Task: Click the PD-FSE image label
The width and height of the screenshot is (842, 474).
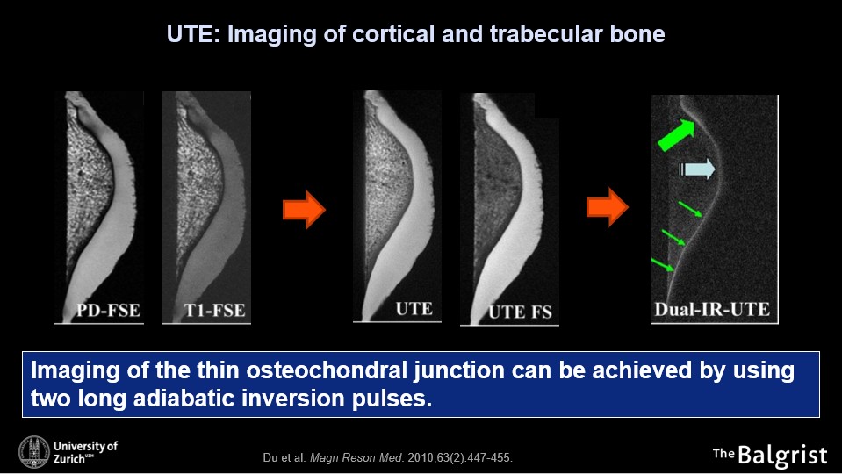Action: (108, 310)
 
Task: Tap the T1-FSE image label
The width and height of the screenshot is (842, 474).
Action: (215, 310)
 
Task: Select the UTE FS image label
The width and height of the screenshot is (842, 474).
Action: (520, 312)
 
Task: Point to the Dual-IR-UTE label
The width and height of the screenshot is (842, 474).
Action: (712, 309)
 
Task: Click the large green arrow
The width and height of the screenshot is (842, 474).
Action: (676, 135)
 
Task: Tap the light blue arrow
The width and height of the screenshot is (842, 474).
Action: (697, 169)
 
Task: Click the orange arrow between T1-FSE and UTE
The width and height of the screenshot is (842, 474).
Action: (304, 210)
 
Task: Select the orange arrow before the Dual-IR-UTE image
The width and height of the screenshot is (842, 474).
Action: (608, 207)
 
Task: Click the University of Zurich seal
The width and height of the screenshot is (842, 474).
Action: (33, 451)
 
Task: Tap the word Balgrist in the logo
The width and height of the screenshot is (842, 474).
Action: (783, 456)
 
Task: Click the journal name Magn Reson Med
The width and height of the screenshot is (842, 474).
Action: (356, 458)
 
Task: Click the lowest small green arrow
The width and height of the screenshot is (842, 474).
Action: (662, 264)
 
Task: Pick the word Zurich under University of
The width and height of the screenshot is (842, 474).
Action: (69, 458)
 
